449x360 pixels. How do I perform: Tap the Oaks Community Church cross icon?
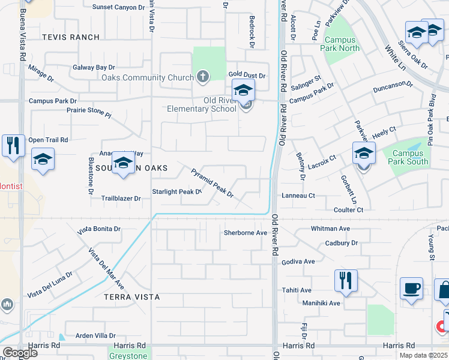click(203, 77)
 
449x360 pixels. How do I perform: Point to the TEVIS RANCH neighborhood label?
click(71, 37)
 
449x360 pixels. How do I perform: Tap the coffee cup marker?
click(411, 288)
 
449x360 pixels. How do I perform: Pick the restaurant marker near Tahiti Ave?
click(345, 280)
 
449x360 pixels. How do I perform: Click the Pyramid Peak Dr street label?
click(212, 183)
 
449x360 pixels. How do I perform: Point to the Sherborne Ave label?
click(245, 233)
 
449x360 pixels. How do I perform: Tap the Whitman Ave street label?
click(330, 229)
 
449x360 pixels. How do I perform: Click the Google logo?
click(19, 353)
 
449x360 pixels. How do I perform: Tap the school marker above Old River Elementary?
click(243, 91)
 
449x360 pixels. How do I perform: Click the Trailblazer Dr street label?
click(121, 198)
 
